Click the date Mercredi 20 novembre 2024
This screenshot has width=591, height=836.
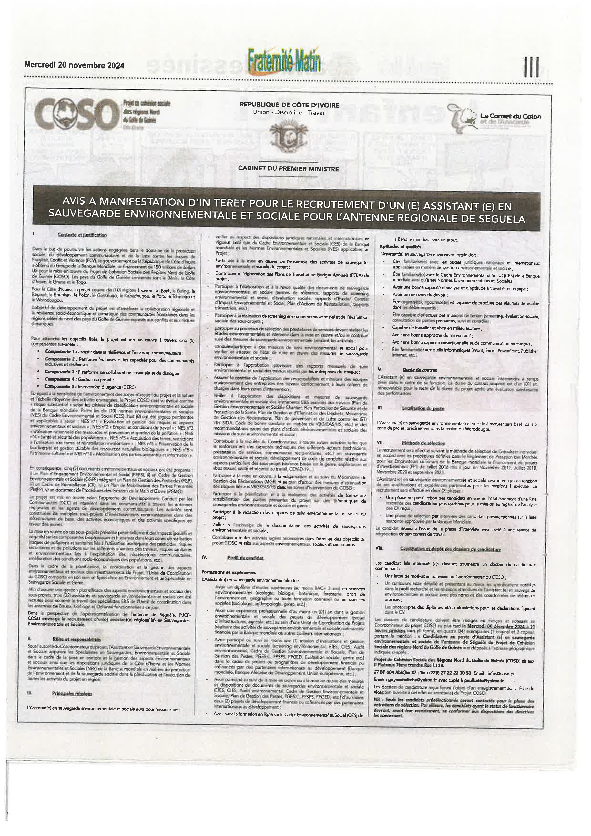tap(74, 65)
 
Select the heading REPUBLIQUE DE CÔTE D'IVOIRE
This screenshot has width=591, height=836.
tap(289, 105)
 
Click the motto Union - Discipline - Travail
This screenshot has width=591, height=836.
tap(289, 113)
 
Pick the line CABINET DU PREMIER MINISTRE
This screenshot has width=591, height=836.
tap(289, 169)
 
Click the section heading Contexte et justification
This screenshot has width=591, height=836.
tap(82, 235)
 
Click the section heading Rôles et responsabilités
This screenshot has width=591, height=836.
tap(76, 639)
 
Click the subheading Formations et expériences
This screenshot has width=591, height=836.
tap(229, 572)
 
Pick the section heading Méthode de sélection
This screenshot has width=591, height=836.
tap(423, 443)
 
